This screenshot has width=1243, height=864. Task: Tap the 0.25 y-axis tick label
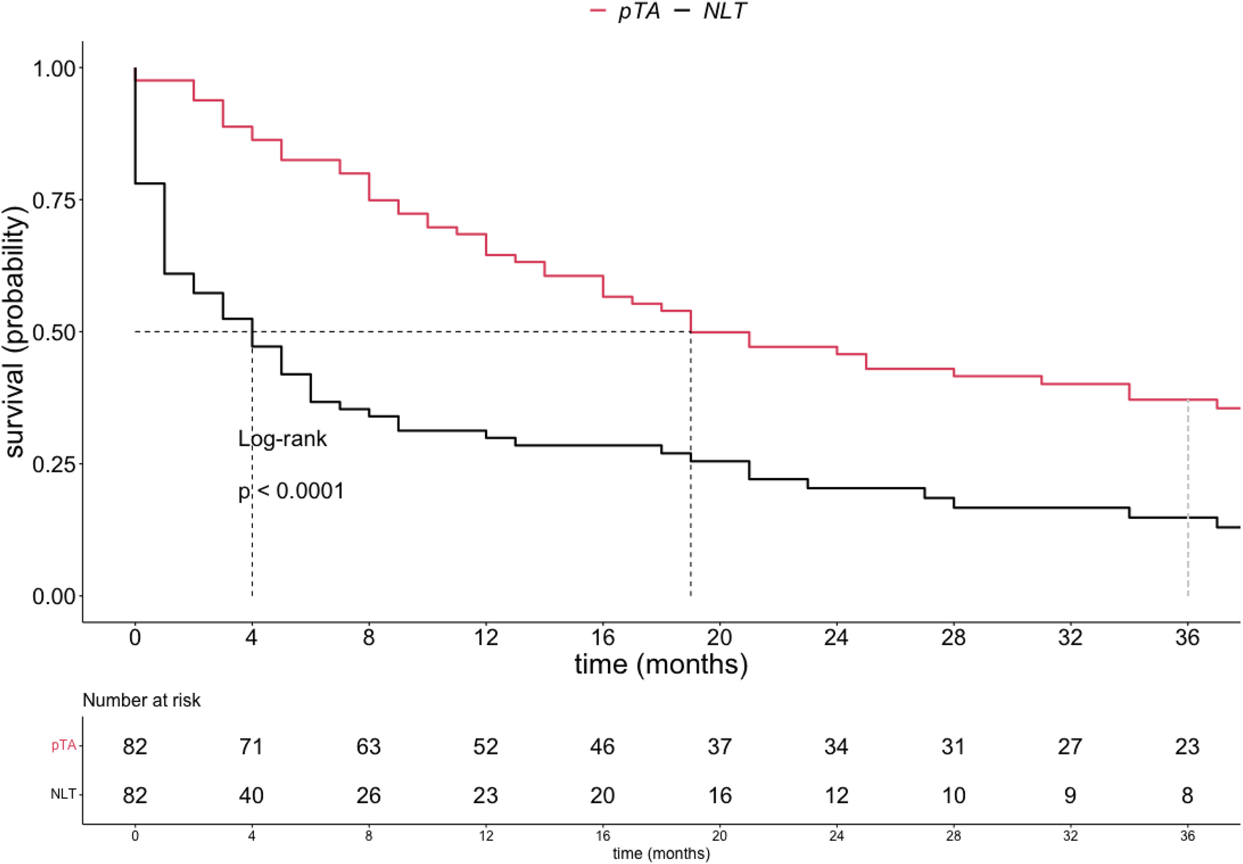pyautogui.click(x=54, y=464)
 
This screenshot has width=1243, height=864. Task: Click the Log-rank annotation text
pyautogui.click(x=283, y=439)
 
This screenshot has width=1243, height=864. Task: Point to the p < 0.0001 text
pyautogui.click(x=291, y=491)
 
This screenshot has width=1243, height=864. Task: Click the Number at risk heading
pyautogui.click(x=141, y=700)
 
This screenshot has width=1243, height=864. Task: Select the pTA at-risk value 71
pyautogui.click(x=251, y=746)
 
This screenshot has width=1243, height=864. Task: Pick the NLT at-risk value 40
pyautogui.click(x=251, y=795)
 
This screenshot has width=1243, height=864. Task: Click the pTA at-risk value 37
pyautogui.click(x=720, y=746)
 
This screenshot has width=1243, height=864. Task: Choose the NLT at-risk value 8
pyautogui.click(x=1187, y=795)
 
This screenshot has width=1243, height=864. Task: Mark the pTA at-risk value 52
pyautogui.click(x=486, y=746)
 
